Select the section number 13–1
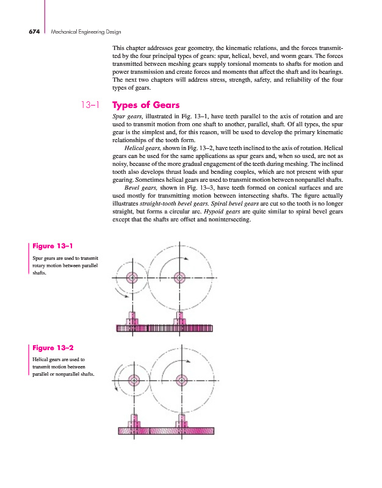(91, 105)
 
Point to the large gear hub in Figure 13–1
(180, 278)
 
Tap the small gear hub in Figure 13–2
(131, 379)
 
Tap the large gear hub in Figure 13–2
(180, 379)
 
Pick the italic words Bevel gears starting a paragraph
(140, 188)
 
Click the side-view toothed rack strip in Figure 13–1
(165, 329)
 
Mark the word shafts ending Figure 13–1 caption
(38, 273)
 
